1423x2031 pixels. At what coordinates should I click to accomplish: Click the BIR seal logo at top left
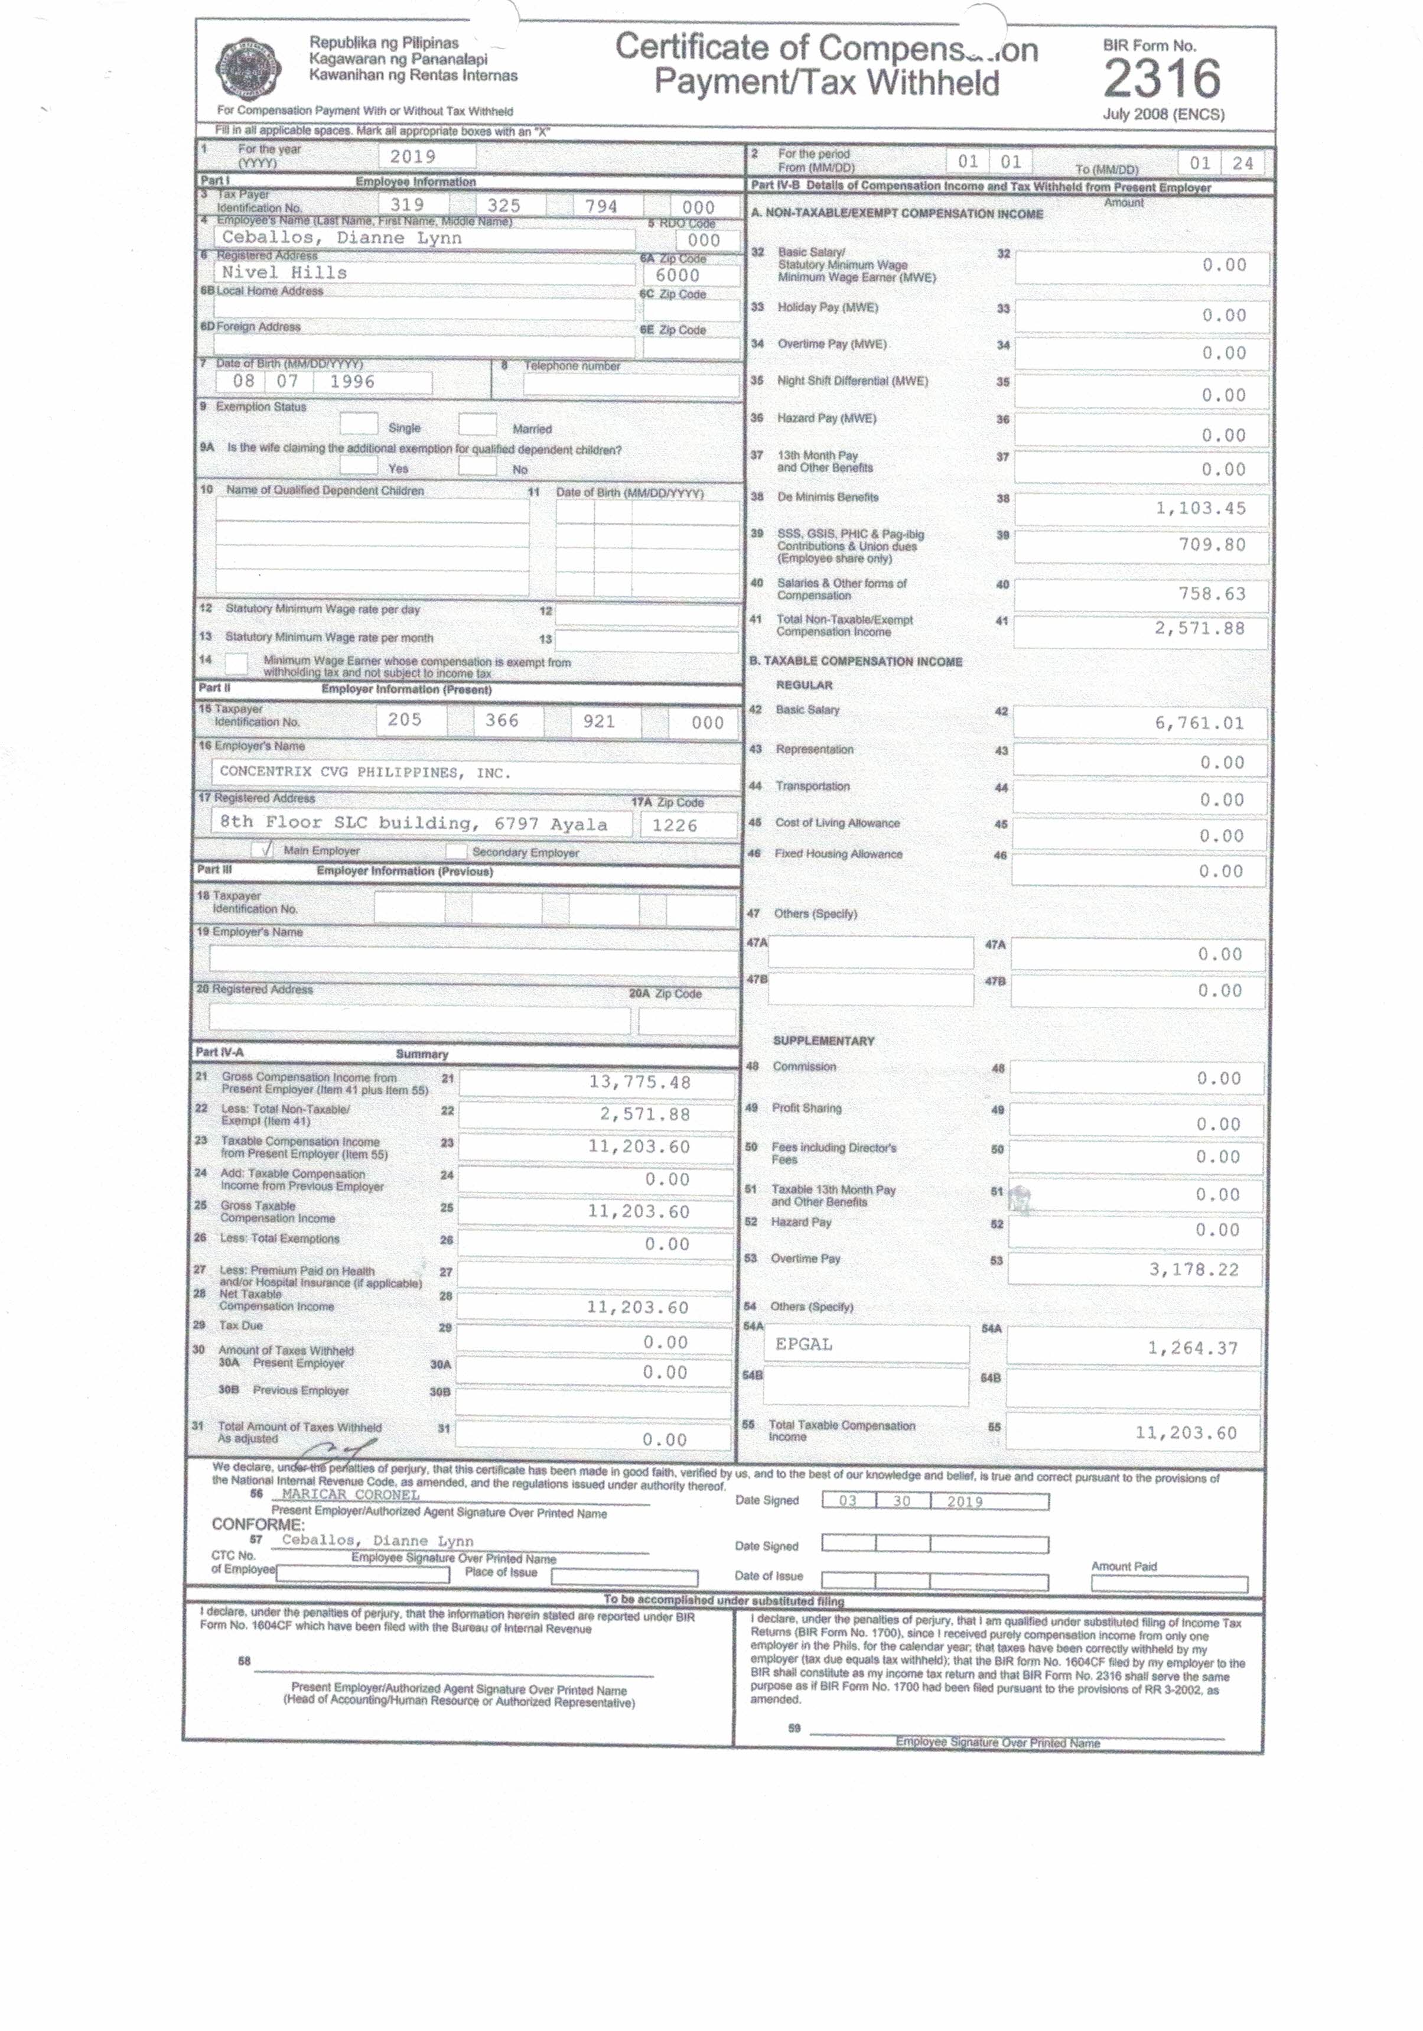pyautogui.click(x=249, y=70)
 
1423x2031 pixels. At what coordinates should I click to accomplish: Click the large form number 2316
pyautogui.click(x=1161, y=79)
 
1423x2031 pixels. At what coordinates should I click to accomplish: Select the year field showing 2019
pyautogui.click(x=413, y=157)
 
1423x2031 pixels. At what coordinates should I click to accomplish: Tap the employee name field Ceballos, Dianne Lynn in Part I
pyautogui.click(x=341, y=238)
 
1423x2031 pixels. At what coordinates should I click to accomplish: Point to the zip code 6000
pyautogui.click(x=678, y=275)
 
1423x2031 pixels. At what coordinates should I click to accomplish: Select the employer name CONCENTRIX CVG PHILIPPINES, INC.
pyautogui.click(x=365, y=772)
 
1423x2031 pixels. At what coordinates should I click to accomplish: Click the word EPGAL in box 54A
pyautogui.click(x=804, y=1344)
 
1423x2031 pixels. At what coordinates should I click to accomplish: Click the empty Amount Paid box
pyautogui.click(x=1168, y=1584)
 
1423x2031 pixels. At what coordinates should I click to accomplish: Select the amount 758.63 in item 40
pyautogui.click(x=1212, y=593)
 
